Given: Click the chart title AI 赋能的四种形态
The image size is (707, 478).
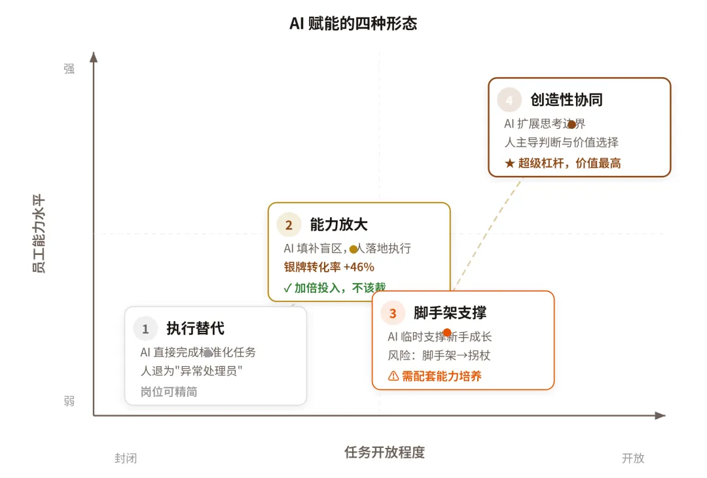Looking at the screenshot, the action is coord(353,24).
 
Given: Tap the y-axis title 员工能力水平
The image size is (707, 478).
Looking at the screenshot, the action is coord(39,233).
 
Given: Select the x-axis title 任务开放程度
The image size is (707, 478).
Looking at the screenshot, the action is coord(384,452).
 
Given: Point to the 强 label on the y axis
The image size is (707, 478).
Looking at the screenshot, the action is coord(69,69).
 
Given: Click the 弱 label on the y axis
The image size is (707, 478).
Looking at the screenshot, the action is coord(69,401).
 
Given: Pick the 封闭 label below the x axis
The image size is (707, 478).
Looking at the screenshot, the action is coord(126,458).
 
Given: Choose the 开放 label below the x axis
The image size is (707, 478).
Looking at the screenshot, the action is coord(633,458).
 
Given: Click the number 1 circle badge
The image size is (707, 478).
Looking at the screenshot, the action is coord(145,329).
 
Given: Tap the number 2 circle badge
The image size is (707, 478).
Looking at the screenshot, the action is coord(289,225).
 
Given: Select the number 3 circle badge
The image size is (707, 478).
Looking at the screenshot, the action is coord(393,313).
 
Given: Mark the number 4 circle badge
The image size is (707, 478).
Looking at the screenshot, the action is coord(509,100).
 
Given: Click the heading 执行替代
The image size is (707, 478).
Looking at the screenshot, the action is coord(195,328).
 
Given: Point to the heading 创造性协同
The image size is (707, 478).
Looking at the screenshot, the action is coord(566,99).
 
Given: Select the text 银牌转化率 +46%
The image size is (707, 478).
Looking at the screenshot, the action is coord(329,267).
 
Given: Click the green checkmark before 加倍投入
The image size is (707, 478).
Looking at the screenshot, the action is coord(287,287).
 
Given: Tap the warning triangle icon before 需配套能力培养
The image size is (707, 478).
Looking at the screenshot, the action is coord(393,376).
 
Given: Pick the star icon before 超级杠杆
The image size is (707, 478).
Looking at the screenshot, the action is coord(510,163).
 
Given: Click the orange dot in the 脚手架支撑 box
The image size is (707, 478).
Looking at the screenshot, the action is coord(447,333).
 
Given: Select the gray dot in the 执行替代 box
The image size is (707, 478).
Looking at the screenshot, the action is coord(208,353).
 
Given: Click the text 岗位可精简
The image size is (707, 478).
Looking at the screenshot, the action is coord(169,392).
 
